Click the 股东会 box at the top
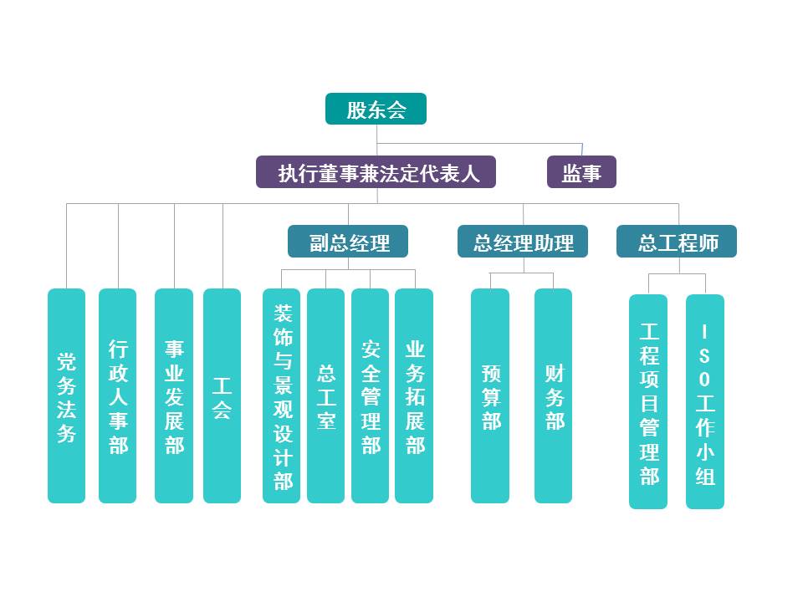coord(376,109)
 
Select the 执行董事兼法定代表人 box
coord(376,172)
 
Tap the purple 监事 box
coord(581,172)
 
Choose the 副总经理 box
coord(348,242)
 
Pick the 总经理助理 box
coord(523,242)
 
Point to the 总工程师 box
coord(677,242)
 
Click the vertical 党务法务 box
coord(67,396)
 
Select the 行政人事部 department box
coord(118,396)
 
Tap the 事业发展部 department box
coord(174,396)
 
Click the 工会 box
coord(222,396)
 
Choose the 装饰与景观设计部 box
coord(282,396)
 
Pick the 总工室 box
coord(325,396)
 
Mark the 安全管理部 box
coord(370,396)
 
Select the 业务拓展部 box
coord(414,396)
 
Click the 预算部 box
coord(490,396)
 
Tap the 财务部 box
coord(554,396)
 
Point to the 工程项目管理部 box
coord(648,401)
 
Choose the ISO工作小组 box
coord(705,401)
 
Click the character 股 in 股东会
coord(356,110)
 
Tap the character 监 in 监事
coord(571,173)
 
